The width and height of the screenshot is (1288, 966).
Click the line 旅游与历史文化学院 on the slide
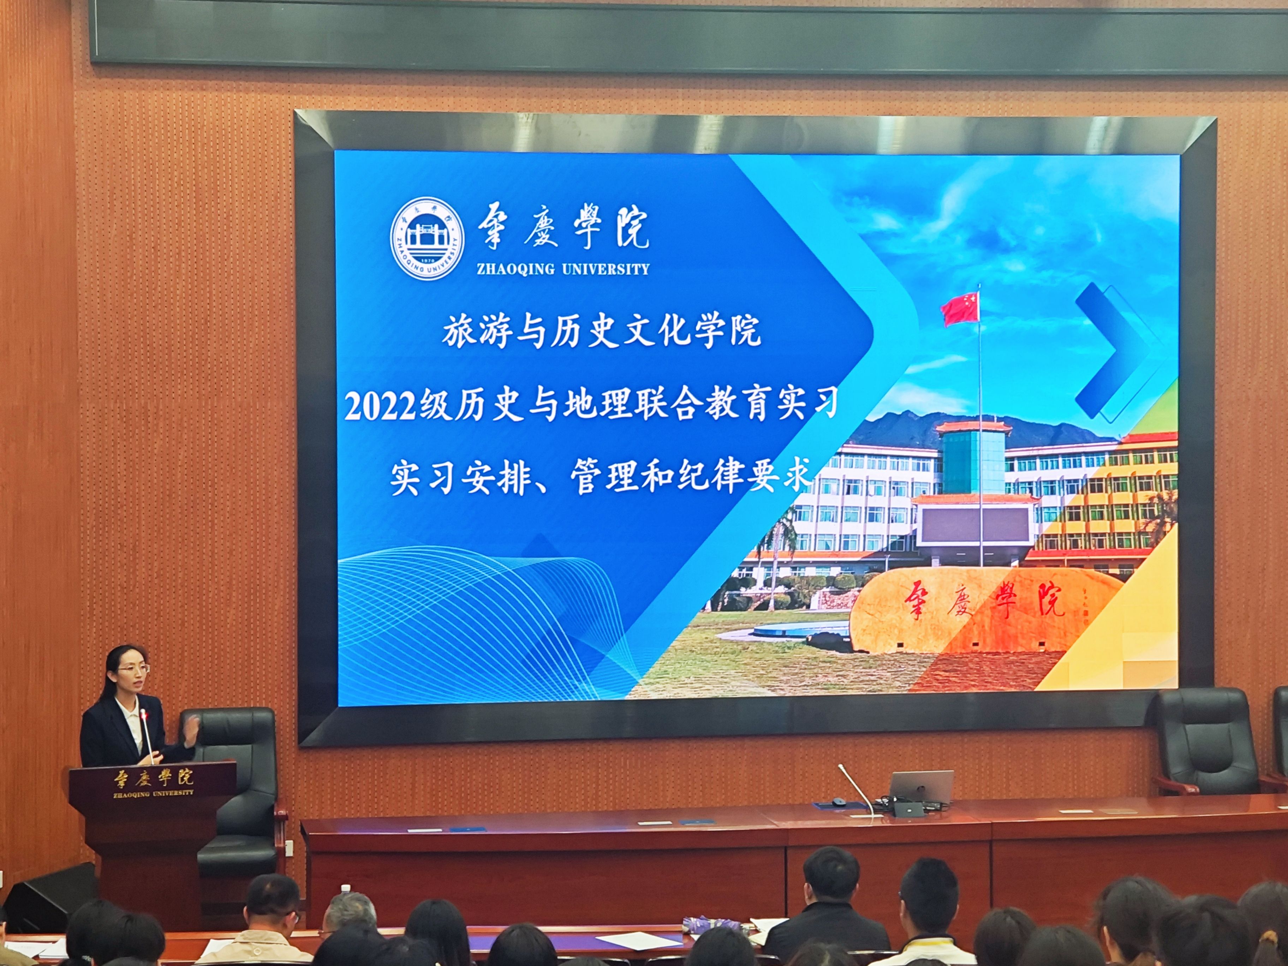tap(602, 331)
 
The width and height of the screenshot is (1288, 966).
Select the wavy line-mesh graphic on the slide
tap(489, 620)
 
